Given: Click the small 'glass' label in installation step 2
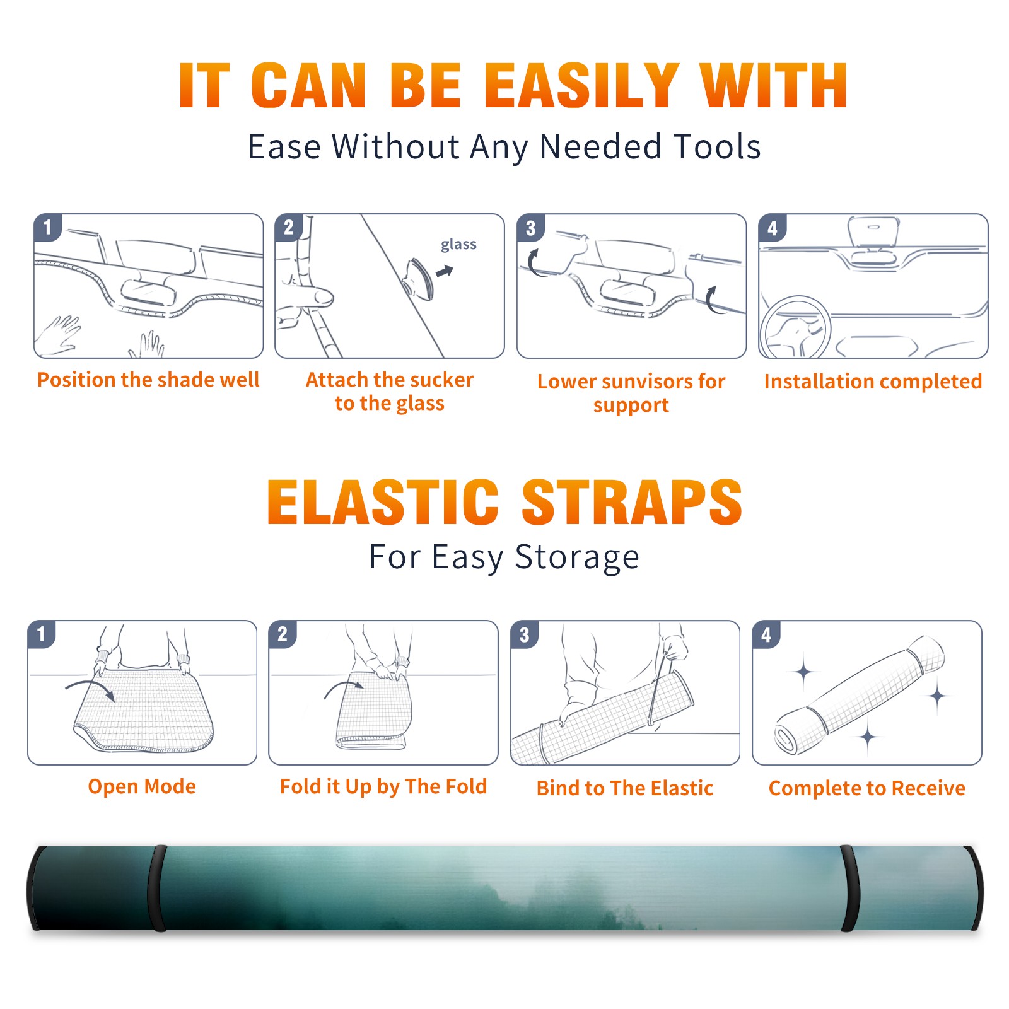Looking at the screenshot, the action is [x=458, y=245].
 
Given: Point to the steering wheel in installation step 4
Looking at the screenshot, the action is [x=795, y=327].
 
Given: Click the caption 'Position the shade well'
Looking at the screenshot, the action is [x=148, y=380].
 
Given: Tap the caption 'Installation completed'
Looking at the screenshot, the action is [x=873, y=381].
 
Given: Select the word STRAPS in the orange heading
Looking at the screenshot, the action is [x=632, y=502].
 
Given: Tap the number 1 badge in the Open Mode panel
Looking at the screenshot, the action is [x=42, y=634].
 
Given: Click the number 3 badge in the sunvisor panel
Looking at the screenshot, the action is [x=530, y=228].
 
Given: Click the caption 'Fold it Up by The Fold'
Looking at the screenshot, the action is [x=383, y=786].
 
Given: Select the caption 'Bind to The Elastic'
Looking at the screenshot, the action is [x=625, y=788].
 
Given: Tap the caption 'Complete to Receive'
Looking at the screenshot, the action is [x=867, y=788].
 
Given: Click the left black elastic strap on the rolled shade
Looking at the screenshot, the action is [x=156, y=888].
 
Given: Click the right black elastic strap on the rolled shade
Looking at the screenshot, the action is [x=850, y=888].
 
